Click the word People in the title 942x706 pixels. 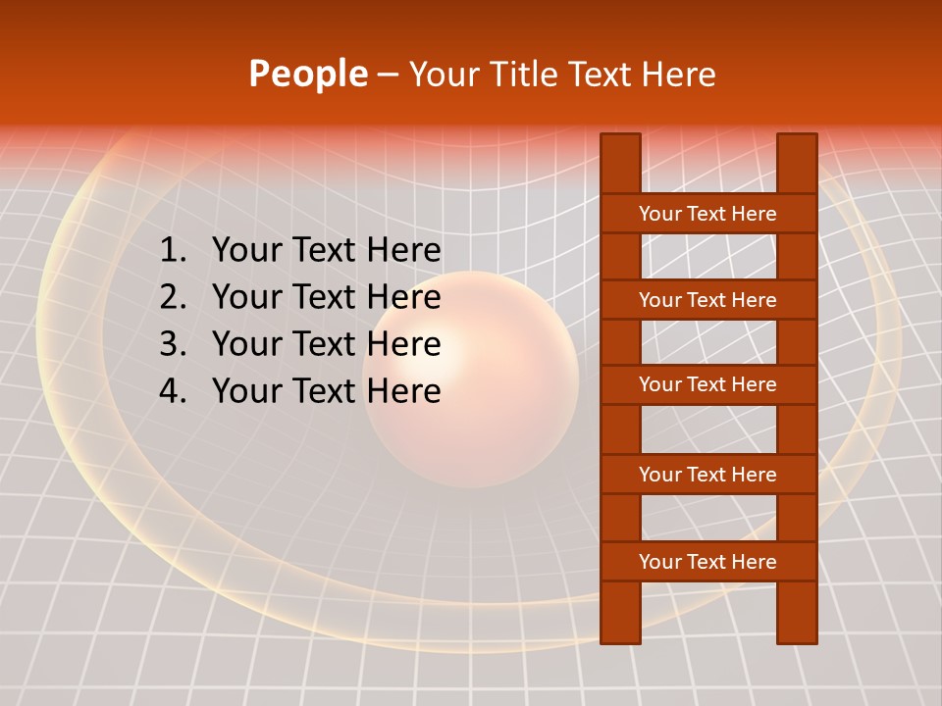[x=307, y=74]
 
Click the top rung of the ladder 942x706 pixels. [x=707, y=214]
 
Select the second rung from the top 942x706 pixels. [x=707, y=300]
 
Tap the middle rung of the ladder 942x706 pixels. [x=707, y=384]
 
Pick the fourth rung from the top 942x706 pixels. [x=707, y=475]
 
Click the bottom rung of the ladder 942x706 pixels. [x=707, y=562]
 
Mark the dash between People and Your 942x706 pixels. [x=388, y=75]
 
